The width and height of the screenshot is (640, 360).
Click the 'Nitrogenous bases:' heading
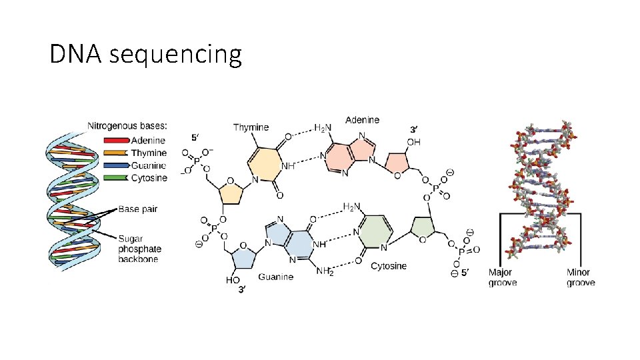coord(127,125)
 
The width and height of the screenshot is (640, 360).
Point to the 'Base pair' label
coord(137,209)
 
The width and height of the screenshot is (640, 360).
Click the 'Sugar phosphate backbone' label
coord(139,249)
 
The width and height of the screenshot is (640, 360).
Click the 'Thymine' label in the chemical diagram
coord(251,127)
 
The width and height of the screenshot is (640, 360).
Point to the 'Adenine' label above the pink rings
coord(362,120)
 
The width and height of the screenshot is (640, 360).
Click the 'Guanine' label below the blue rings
coord(275,277)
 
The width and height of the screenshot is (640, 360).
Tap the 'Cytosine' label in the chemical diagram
coord(389,266)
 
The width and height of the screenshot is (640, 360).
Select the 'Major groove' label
coord(503,277)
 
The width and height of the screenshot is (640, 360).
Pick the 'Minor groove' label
coord(578,277)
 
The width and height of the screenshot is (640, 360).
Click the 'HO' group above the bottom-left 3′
coord(233,281)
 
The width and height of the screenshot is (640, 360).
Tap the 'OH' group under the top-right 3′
coord(413,142)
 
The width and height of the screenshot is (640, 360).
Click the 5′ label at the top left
coord(195,138)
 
